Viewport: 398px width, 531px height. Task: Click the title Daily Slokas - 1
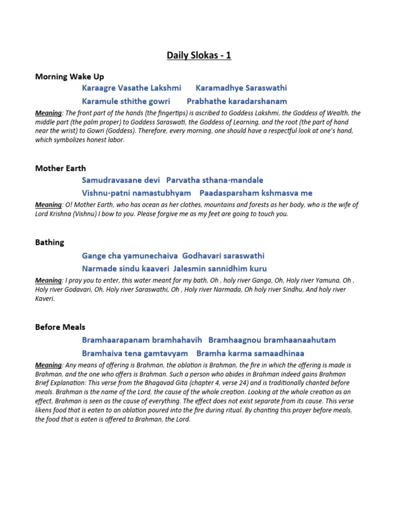tap(199, 55)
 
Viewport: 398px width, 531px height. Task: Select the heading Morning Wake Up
tap(69, 77)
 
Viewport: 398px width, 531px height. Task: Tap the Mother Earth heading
tap(61, 169)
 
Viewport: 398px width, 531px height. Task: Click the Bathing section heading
tap(50, 242)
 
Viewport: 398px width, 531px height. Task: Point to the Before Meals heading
tap(60, 327)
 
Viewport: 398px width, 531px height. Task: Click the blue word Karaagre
tap(98, 88)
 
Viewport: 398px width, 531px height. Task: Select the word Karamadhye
tap(218, 88)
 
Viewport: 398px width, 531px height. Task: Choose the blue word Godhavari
tap(204, 256)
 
